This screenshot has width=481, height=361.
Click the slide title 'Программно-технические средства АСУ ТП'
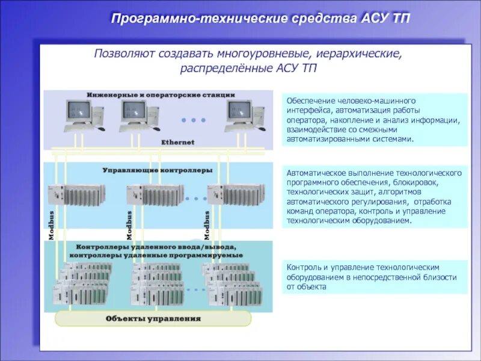(x=260, y=18)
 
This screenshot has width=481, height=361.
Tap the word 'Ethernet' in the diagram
(x=177, y=142)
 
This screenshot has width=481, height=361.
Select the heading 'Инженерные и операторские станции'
(x=160, y=94)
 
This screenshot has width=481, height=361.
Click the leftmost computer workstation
(x=81, y=116)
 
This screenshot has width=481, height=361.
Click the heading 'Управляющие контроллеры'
(x=158, y=170)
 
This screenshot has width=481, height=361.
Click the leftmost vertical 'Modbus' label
(x=52, y=226)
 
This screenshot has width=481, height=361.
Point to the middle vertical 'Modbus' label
(x=129, y=226)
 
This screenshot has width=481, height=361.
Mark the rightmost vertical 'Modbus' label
(x=207, y=226)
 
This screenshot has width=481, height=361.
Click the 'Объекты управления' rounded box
(x=153, y=318)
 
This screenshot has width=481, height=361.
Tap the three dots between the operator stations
(x=194, y=120)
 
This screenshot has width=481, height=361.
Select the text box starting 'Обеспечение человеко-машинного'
(x=375, y=120)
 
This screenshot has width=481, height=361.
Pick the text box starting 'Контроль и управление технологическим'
(x=375, y=277)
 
